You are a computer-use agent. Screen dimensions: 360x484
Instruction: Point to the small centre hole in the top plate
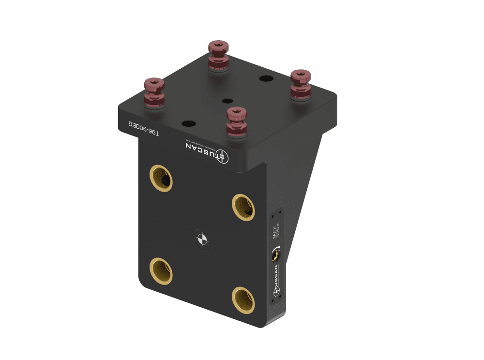[226, 101]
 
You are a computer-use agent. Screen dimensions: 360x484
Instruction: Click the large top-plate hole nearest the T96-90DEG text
[187, 123]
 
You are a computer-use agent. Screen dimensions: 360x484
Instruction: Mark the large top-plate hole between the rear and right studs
[265, 78]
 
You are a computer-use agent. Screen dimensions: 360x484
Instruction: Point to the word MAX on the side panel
[275, 231]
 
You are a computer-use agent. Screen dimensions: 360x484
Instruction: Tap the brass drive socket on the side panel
[277, 253]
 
